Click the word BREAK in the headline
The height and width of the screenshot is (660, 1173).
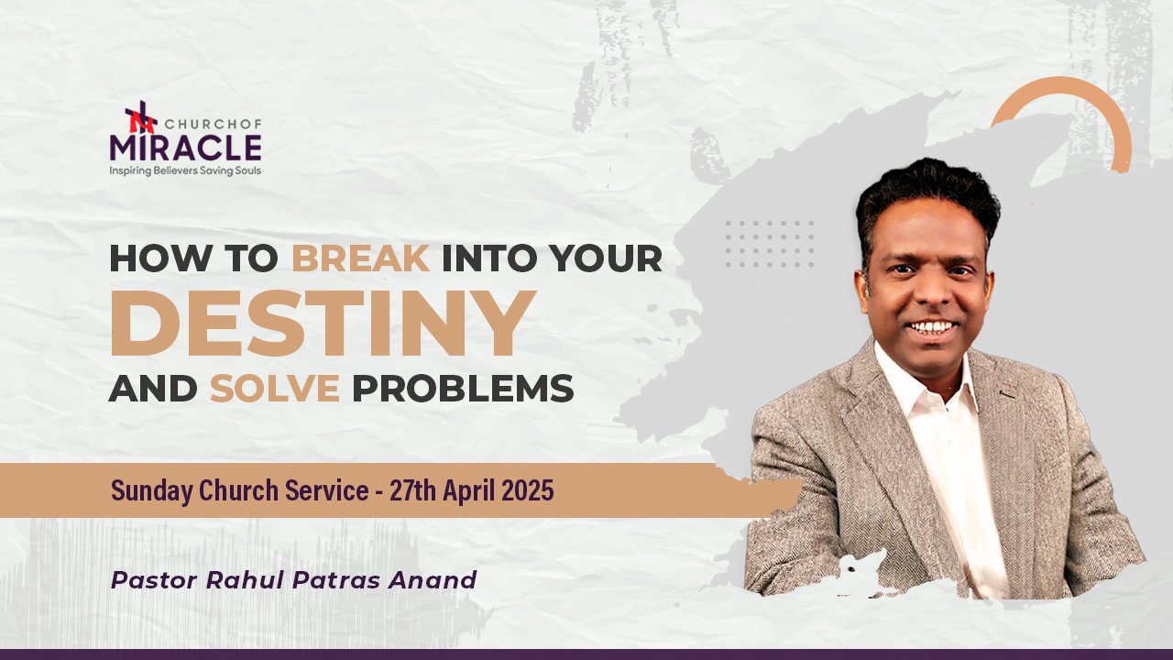coord(361,258)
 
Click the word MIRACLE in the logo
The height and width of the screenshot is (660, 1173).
coord(185,148)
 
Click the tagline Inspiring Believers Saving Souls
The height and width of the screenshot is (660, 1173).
coord(185,170)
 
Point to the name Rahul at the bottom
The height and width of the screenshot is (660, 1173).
coord(245,580)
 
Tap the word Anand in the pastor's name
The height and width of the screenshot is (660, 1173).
coord(432,580)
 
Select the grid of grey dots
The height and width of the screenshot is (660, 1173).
coord(769,244)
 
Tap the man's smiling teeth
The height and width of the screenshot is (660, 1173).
coord(932,328)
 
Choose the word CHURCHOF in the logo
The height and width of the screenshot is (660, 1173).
coord(214,124)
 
